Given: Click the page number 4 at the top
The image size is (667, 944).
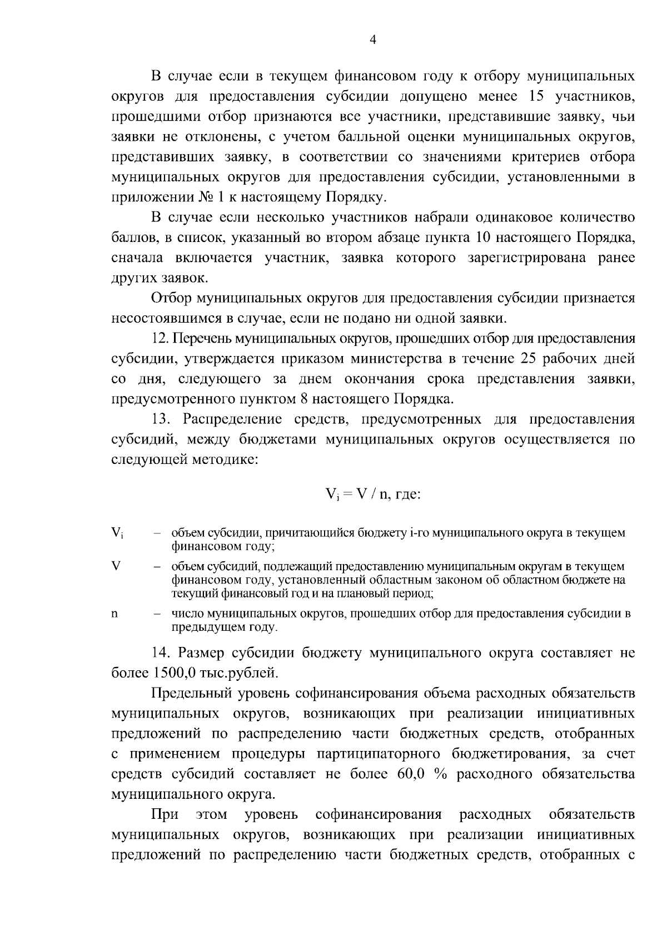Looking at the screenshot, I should pos(373,39).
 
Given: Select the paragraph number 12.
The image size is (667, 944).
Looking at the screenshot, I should pos(160,339).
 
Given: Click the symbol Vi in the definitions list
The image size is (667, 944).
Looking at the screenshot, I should pos(117,533).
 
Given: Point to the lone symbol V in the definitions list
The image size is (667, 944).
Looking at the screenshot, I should pos(116,566).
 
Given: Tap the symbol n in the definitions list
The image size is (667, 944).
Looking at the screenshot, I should pos(115,614).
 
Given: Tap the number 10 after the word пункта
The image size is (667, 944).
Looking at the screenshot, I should pos(481,238).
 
